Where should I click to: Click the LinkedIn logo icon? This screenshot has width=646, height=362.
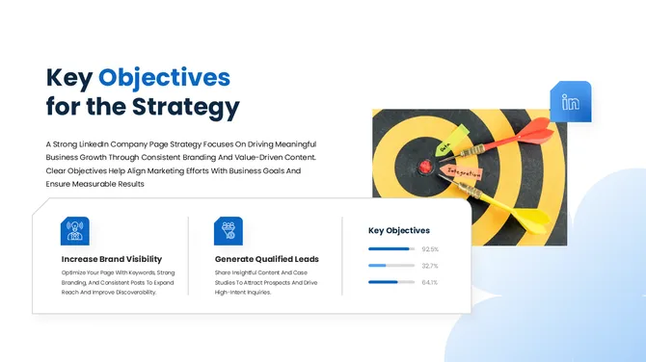[x=571, y=102]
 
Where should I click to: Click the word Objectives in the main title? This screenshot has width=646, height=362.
[x=164, y=77]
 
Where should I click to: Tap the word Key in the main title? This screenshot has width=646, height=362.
[x=68, y=77]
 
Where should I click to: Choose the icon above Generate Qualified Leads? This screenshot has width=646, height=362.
[x=229, y=231]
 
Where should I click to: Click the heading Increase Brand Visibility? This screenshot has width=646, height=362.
[x=112, y=259]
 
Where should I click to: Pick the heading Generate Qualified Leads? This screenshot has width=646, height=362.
[x=267, y=259]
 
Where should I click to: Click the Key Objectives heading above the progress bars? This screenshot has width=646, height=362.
[x=399, y=231]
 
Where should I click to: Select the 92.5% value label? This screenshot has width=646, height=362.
[x=430, y=249]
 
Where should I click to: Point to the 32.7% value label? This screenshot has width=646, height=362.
[x=430, y=266]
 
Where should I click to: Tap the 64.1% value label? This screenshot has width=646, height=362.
[x=430, y=282]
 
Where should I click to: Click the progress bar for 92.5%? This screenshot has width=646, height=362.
[x=391, y=249]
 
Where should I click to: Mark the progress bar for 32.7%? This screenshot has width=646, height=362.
[x=391, y=266]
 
